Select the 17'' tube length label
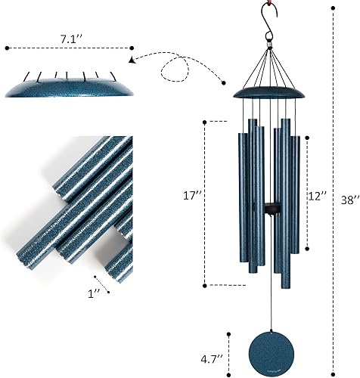[194, 195]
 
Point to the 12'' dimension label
[318, 195]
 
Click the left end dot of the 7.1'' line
[7, 48]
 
